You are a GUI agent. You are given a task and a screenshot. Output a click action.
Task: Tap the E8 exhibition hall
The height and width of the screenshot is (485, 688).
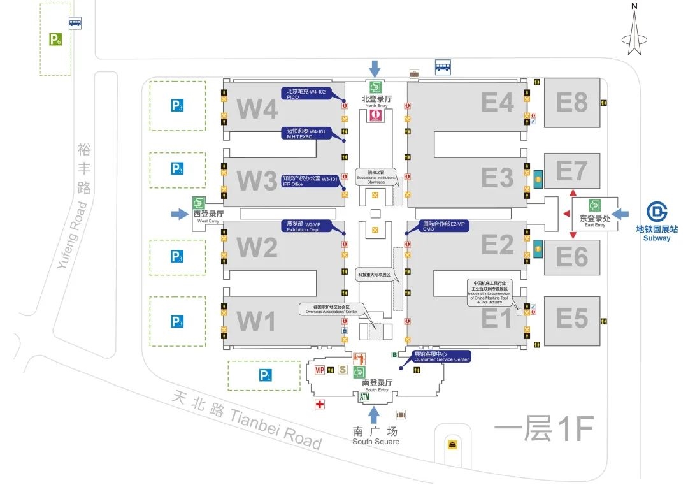point(571,102)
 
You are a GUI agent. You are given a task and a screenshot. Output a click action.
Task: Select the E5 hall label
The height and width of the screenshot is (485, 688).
point(571,317)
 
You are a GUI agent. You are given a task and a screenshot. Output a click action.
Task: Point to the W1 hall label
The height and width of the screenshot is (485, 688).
point(257,321)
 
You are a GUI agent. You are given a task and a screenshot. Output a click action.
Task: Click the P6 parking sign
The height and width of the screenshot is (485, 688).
point(55,40)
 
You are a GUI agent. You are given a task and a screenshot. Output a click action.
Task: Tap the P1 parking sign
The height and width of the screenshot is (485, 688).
point(265,376)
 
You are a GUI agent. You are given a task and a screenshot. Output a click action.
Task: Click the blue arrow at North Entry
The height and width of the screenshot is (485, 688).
point(375,68)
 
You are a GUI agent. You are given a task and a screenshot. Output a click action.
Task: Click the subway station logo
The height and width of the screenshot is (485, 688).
point(657,213)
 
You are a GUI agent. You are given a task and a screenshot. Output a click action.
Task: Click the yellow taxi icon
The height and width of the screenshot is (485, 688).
point(452,445)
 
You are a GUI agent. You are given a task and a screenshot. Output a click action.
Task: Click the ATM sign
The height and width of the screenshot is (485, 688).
point(364,397)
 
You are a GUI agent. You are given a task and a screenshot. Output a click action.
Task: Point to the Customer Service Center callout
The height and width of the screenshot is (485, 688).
point(442,356)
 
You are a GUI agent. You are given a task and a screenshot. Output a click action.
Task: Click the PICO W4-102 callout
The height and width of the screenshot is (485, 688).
point(304,94)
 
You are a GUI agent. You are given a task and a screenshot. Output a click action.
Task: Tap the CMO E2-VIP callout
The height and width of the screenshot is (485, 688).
point(445,226)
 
